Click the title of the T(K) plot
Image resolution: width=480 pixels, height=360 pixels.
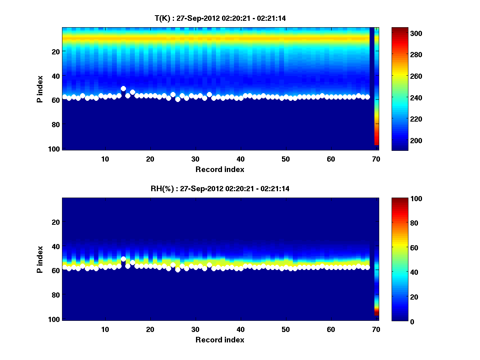[220, 18]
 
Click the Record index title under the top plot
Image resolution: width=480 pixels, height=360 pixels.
[220, 169]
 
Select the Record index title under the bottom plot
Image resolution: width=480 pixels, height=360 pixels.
[220, 340]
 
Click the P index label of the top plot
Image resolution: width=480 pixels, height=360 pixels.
[40, 89]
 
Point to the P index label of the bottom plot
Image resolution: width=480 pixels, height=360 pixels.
[40, 259]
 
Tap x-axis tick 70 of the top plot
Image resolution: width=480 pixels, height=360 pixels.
[376, 159]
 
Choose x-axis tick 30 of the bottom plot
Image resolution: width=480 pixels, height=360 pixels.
[195, 329]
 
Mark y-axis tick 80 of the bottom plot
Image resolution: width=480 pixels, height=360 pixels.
[56, 295]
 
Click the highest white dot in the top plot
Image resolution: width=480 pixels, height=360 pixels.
[123, 88]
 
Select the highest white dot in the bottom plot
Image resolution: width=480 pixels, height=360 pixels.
[123, 259]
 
